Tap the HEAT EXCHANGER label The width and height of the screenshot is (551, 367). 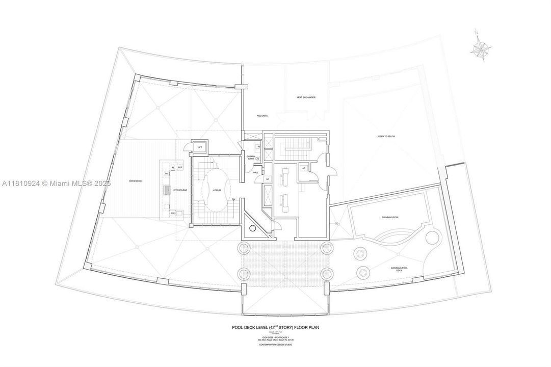[306, 97]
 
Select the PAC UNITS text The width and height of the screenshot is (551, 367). [263, 116]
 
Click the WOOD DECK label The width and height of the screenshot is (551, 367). [136, 181]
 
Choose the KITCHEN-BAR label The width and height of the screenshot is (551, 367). [180, 190]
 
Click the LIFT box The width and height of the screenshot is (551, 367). [200, 147]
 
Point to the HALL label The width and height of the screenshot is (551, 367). [256, 172]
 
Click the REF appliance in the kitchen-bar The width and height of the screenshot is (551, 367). [180, 167]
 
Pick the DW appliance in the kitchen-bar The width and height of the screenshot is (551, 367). [173, 213]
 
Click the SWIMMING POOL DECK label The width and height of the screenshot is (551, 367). [399, 269]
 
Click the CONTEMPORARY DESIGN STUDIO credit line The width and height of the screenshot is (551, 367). [275, 345]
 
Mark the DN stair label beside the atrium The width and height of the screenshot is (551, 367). [233, 199]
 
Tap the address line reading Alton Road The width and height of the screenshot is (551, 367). [275, 340]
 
